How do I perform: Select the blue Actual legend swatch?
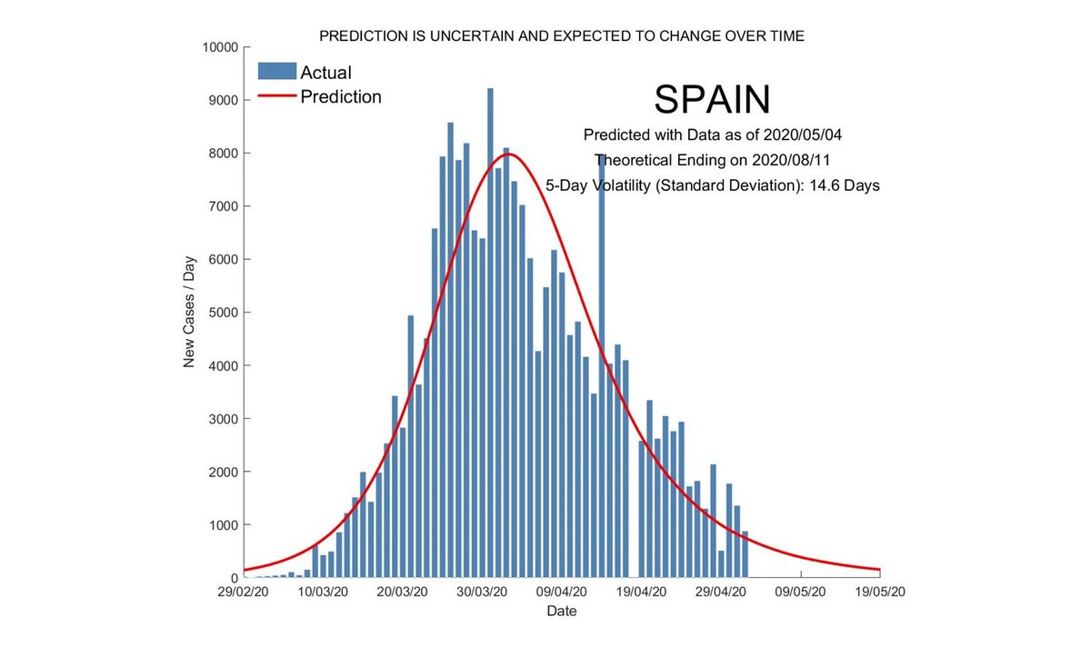pos(276,72)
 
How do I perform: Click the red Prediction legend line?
pos(276,96)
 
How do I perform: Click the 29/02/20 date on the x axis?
pos(244,592)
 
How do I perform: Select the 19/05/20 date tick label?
pos(880,592)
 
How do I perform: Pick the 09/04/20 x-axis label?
pos(562,592)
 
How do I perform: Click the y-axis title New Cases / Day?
pos(190,312)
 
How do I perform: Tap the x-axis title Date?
pos(561,612)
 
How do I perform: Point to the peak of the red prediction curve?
pos(507,154)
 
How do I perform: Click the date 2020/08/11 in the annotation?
pos(789,160)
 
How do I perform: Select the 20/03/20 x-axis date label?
pos(403,592)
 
